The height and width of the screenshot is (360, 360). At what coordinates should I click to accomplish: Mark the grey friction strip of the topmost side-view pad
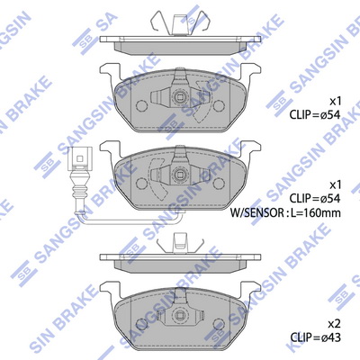click(180, 49)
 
